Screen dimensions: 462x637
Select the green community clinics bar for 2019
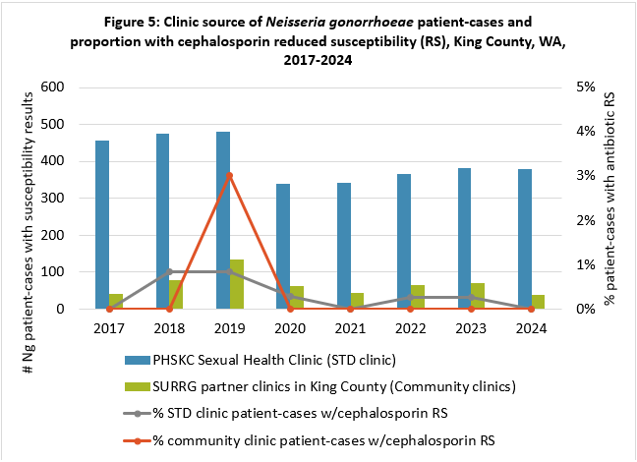237,284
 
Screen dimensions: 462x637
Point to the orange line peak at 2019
230,175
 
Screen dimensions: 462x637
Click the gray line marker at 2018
169,271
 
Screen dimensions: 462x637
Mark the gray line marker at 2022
411,297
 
